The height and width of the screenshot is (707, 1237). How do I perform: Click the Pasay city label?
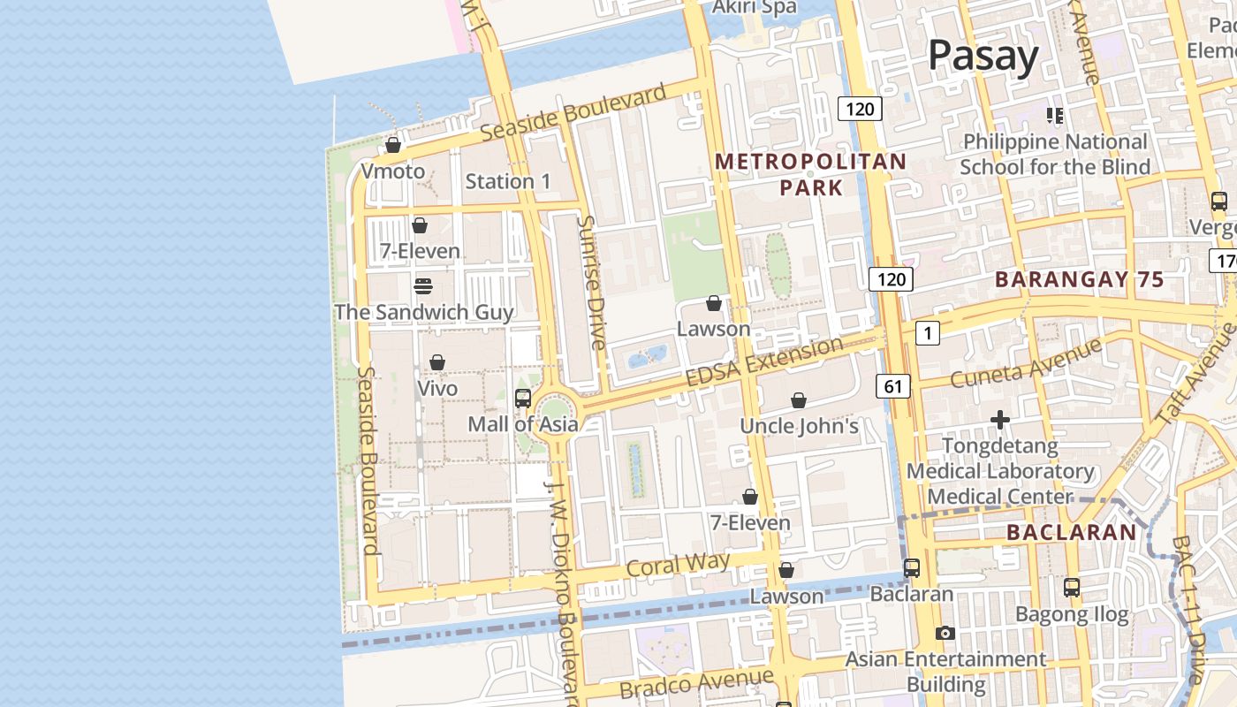coord(983,57)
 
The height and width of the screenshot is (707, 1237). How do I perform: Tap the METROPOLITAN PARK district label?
coord(810,174)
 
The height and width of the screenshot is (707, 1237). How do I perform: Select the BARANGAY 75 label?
coord(1079,279)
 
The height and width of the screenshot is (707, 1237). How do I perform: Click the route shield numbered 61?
coord(893,385)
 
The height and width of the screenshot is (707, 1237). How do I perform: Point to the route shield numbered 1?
coord(927,332)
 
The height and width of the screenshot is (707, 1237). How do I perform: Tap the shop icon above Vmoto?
coord(393,145)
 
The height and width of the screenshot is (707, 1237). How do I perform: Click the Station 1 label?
coord(507,181)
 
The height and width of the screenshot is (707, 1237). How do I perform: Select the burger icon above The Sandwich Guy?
coord(423,286)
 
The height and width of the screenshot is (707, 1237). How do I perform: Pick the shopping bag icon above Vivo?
coord(436,362)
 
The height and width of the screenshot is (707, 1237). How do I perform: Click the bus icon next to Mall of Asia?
coord(523,398)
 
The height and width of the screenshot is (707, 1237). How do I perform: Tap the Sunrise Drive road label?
coord(590,281)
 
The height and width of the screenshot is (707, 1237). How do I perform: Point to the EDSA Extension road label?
coord(764,361)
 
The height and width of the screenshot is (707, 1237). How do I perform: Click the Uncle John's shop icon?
coord(799,400)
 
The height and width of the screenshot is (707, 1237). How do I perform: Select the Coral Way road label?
coord(678,565)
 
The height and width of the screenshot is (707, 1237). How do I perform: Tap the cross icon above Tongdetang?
coord(1000,420)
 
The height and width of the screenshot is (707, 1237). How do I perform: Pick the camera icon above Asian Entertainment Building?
coord(945,633)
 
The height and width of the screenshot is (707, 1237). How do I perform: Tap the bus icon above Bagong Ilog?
coord(1071,587)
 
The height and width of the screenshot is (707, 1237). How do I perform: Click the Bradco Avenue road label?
coord(696,683)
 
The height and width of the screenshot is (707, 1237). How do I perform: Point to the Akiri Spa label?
coord(755,8)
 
